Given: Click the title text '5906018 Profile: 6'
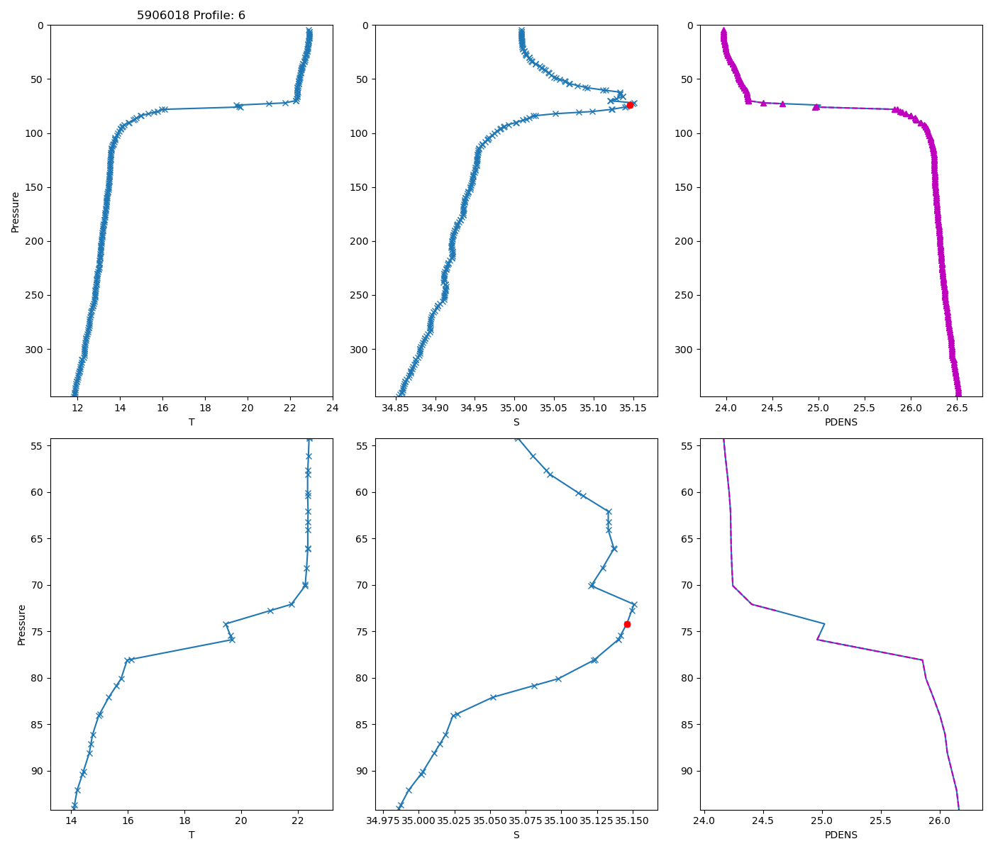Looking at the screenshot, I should [191, 15].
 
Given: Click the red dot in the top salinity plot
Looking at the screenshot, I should [630, 105].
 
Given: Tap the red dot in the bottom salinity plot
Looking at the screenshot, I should [627, 624].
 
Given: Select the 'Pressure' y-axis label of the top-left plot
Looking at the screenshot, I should [16, 211].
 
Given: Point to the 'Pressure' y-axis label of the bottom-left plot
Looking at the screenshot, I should [21, 624].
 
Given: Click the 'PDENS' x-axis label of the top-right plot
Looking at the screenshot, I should [841, 422].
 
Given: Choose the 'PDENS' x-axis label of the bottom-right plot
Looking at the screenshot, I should [841, 835].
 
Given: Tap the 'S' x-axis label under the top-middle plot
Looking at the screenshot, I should [516, 422].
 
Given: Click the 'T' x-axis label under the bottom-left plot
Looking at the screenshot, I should [191, 835].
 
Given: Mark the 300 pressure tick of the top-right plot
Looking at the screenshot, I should [682, 350].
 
